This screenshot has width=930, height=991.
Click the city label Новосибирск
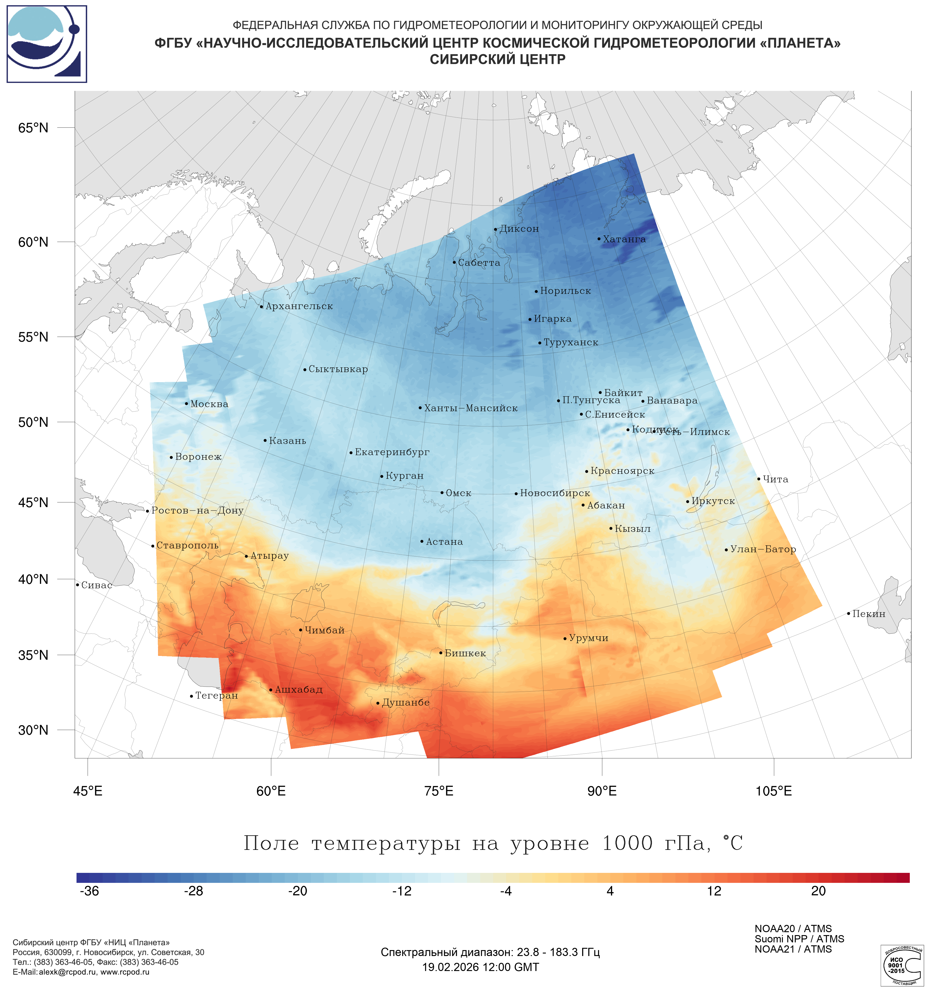[x=555, y=493]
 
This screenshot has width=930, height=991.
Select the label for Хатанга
[x=624, y=239]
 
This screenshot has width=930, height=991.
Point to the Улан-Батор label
[x=763, y=549]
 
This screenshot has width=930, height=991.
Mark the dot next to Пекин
[x=848, y=614]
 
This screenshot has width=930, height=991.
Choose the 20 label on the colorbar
[x=819, y=905]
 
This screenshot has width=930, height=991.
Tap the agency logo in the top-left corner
[x=47, y=44]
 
